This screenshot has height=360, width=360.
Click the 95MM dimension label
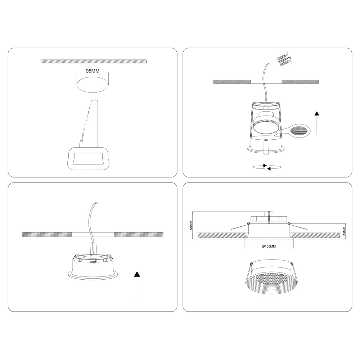(x=93, y=71)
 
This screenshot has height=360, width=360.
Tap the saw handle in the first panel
(x=89, y=158)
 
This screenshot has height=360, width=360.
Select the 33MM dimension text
(x=344, y=232)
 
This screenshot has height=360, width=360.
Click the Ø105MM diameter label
(x=269, y=246)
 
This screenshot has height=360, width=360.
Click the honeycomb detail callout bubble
(x=298, y=131)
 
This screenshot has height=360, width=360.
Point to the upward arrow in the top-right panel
(x=317, y=123)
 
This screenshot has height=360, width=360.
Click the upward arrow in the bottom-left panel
(x=137, y=287)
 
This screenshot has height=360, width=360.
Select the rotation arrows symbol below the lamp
(x=267, y=167)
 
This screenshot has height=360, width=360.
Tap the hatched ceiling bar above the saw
(x=94, y=61)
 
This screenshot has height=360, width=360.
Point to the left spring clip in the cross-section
(x=240, y=226)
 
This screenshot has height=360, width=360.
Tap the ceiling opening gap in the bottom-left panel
(x=93, y=235)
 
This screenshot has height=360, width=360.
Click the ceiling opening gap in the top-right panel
(x=266, y=82)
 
